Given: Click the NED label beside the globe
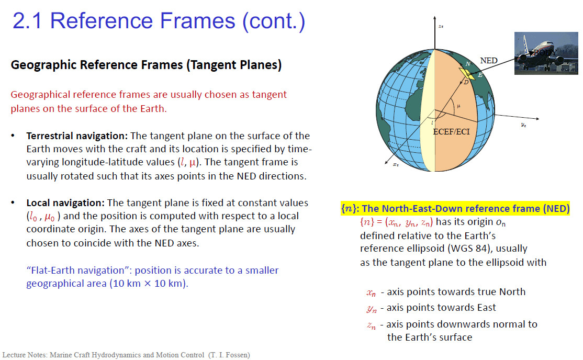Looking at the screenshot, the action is click(x=489, y=60).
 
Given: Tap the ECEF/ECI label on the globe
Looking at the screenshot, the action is click(x=451, y=132).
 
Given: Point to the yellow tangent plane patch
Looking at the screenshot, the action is click(x=467, y=74).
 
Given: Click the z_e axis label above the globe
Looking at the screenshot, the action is click(x=441, y=26).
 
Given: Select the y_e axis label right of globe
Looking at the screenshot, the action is click(x=523, y=125).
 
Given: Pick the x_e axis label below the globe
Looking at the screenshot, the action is click(x=396, y=164).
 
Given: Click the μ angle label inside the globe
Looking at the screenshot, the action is click(x=458, y=106).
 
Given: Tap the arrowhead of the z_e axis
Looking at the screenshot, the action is click(x=434, y=18).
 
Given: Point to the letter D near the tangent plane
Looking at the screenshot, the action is click(x=466, y=82).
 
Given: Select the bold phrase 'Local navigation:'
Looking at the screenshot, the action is click(x=65, y=203).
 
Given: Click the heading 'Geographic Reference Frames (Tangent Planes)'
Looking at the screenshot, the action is click(x=146, y=65).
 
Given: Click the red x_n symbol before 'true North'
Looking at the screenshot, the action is click(x=371, y=293).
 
